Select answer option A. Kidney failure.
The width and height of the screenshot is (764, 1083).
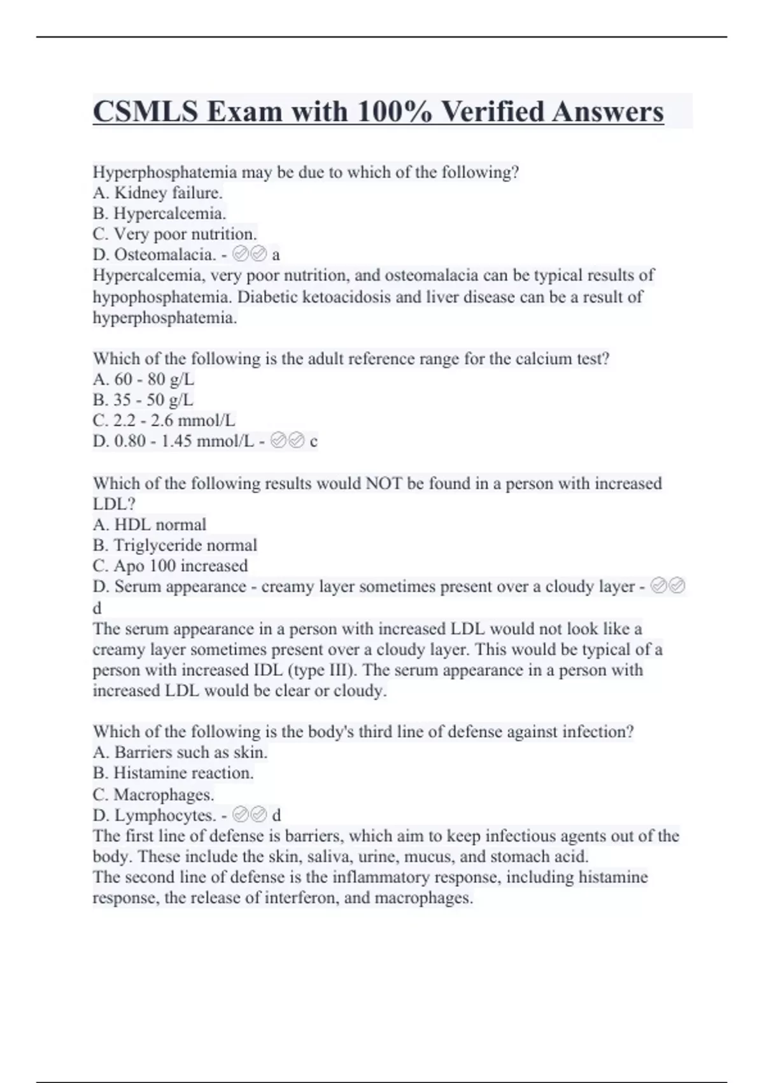[158, 192]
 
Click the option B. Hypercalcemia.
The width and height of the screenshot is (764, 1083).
[159, 213]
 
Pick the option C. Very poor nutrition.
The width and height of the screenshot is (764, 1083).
[174, 234]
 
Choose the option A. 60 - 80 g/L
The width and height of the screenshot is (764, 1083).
[143, 379]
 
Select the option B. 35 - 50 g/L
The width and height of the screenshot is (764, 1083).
[143, 399]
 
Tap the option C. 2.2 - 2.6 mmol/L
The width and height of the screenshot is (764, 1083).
[164, 420]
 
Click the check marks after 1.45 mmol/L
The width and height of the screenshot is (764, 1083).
[288, 441]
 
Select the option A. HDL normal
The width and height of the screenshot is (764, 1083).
[150, 524]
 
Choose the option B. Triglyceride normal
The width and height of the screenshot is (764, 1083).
[175, 545]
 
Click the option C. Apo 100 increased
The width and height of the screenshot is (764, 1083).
[170, 566]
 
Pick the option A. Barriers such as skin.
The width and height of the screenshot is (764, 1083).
[180, 752]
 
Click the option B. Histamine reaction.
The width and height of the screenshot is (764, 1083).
[173, 773]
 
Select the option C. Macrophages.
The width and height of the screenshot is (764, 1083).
[153, 794]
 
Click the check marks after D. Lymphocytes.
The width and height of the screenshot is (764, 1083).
[250, 815]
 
